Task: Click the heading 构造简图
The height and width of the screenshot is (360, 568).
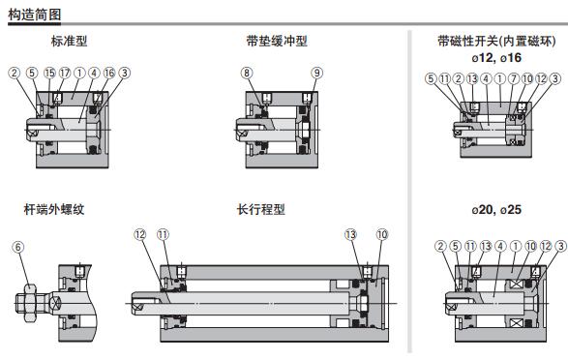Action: [35, 15]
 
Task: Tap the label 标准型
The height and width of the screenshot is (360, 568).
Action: [69, 41]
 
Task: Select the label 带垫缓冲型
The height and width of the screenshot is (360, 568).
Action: [277, 41]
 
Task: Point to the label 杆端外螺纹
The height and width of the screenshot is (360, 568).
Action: [54, 209]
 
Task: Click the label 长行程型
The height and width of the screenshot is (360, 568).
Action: [261, 209]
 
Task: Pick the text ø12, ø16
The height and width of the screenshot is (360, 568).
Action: [496, 58]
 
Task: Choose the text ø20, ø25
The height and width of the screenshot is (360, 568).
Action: [496, 209]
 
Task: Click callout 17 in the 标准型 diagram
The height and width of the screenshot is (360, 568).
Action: [65, 73]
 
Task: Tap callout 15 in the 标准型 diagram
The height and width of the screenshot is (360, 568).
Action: [49, 73]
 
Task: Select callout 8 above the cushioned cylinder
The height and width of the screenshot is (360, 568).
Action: [247, 73]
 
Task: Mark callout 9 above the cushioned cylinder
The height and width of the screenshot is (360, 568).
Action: [317, 73]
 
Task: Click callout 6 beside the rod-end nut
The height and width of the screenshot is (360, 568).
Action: [18, 248]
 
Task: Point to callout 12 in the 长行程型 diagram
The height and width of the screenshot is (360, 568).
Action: [140, 235]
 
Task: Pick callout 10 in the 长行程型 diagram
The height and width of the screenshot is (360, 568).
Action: [382, 235]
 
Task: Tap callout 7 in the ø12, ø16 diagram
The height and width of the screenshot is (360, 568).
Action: [514, 78]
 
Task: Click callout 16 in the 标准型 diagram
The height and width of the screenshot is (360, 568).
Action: [109, 73]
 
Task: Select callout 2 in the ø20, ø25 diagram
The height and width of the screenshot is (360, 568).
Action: [440, 246]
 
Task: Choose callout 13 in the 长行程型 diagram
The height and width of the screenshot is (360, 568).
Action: [350, 235]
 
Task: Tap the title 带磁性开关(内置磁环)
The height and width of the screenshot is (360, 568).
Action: [496, 41]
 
